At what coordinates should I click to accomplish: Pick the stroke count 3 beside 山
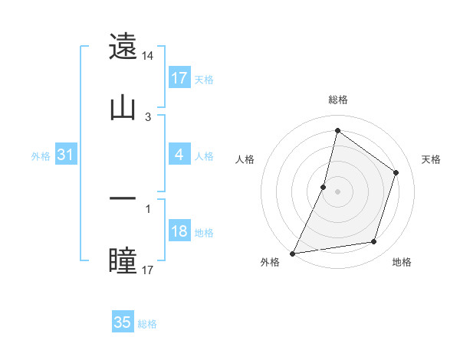coord(148,117)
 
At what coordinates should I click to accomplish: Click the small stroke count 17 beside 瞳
coord(148,270)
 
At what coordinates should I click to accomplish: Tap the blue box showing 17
coord(179,78)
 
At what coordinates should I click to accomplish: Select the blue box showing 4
coord(179,155)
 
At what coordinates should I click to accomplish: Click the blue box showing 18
coord(179,231)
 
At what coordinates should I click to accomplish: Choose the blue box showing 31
coord(66,155)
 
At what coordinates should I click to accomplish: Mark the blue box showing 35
coord(123,322)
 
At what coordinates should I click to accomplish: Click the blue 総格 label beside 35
coord(148,324)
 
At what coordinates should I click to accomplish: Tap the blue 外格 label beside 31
coord(41,156)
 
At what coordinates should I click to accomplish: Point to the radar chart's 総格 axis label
coord(338,100)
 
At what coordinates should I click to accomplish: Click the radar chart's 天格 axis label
coord(432,159)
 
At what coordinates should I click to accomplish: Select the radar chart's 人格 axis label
coord(245,159)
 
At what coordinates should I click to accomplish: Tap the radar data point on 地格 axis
coord(374,242)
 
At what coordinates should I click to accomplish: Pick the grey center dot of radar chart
coord(338,191)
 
